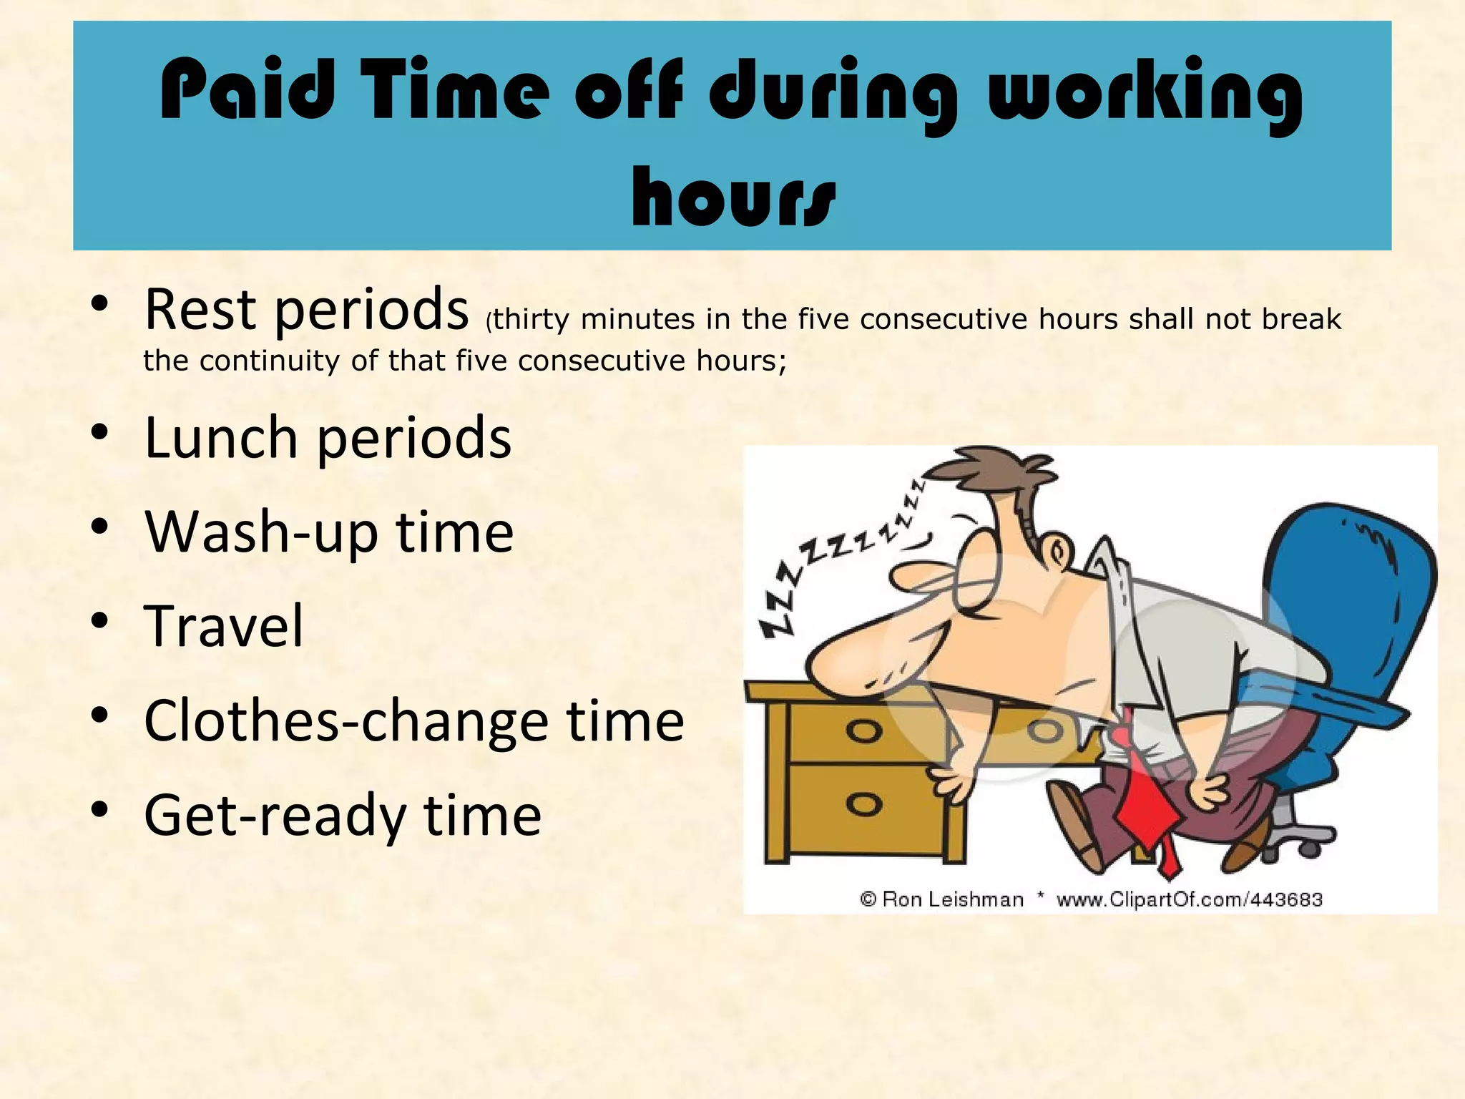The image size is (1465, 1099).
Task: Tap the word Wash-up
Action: (x=261, y=532)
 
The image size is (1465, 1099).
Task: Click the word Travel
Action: (x=224, y=626)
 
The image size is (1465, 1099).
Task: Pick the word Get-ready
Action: (x=275, y=816)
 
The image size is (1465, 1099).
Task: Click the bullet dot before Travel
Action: (x=99, y=620)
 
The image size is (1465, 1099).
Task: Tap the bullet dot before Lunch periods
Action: (x=99, y=432)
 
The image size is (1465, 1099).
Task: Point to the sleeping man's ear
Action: (x=1058, y=552)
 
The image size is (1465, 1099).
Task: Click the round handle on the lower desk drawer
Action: (x=863, y=804)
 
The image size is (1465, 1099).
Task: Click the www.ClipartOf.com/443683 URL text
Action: (x=1189, y=899)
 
